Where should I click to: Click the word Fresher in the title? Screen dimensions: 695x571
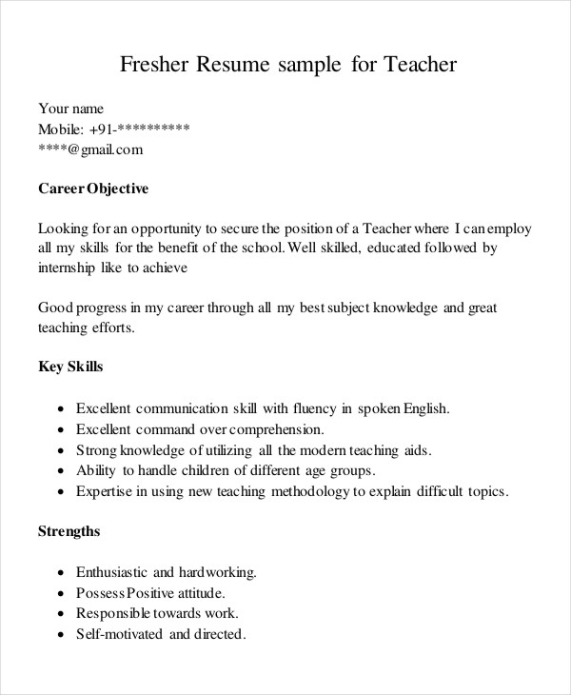[154, 66]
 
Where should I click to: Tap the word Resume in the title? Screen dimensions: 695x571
[234, 66]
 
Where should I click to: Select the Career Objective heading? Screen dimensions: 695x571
[93, 189]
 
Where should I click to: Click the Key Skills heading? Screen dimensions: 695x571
[70, 366]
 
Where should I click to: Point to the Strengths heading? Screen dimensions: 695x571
[69, 530]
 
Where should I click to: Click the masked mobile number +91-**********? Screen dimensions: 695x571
[139, 129]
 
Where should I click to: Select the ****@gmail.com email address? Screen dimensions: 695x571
[90, 149]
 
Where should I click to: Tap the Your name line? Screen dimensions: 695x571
[70, 109]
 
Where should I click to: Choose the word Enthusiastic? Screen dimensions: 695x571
[111, 572]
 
